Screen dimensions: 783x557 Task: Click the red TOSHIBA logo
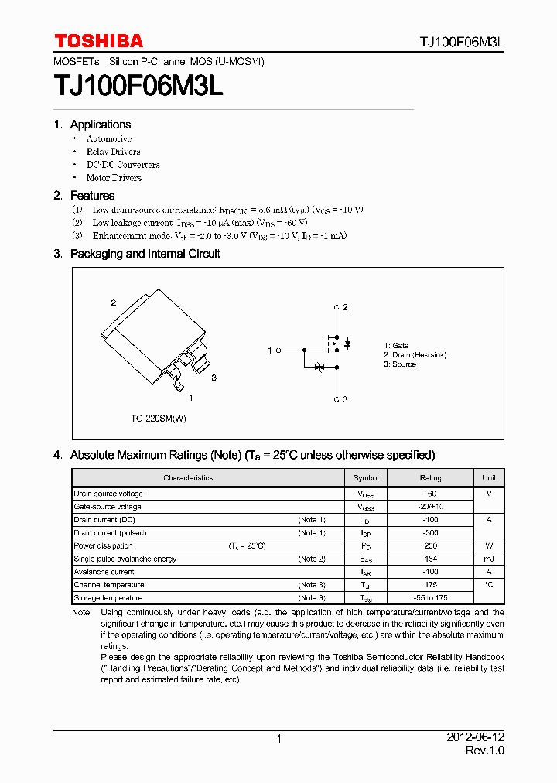tap(98, 41)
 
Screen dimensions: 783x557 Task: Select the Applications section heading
tap(100, 125)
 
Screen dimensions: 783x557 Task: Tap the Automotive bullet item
tap(109, 138)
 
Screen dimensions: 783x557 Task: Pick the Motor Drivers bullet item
tap(114, 177)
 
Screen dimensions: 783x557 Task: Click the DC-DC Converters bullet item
tap(123, 164)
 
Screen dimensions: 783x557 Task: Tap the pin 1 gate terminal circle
tap(278, 350)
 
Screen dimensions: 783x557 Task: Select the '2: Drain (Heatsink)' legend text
tap(415, 355)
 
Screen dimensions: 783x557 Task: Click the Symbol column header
tap(366, 477)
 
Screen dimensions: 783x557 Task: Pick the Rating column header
tap(430, 477)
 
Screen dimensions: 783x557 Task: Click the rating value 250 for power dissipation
tap(430, 545)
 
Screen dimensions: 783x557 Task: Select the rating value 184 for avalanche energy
tap(430, 559)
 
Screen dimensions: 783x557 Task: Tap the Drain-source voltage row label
tap(108, 494)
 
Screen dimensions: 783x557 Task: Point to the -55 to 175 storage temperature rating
tap(430, 598)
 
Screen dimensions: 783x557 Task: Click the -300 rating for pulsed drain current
tap(430, 533)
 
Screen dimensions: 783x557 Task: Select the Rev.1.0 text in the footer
tap(484, 752)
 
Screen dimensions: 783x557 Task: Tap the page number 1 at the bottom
tap(278, 740)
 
